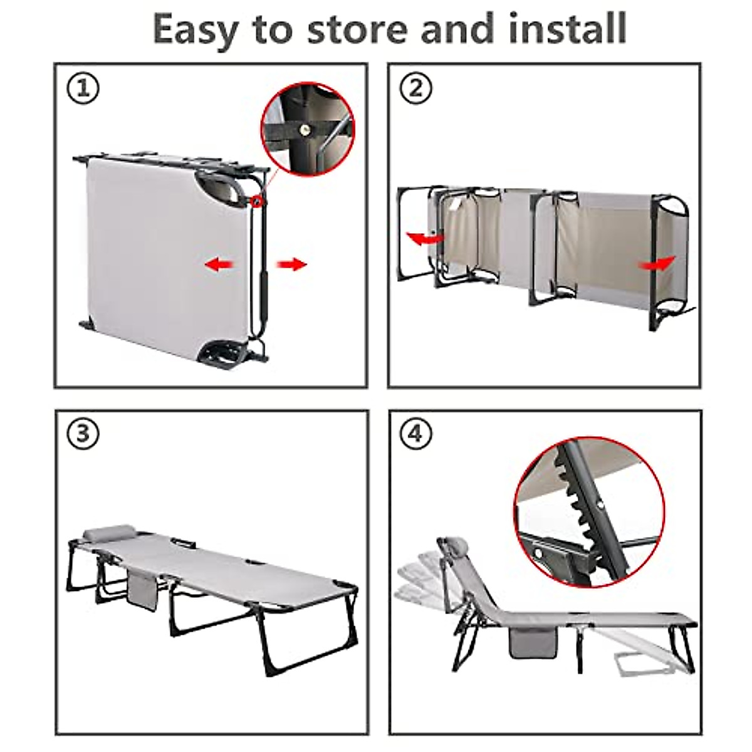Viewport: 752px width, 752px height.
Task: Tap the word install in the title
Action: [567, 28]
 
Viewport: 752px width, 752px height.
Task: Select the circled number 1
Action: [83, 88]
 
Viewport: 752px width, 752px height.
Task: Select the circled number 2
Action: [416, 88]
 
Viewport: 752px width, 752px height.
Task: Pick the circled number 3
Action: [83, 434]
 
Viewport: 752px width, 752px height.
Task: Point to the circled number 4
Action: [416, 434]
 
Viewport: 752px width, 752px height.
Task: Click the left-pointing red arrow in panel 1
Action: [219, 265]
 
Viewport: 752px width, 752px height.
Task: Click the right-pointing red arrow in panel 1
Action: [292, 264]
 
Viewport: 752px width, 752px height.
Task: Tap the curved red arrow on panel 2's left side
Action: [425, 238]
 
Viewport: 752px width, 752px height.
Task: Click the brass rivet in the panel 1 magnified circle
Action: [305, 129]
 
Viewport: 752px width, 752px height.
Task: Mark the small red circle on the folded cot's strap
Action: [258, 201]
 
